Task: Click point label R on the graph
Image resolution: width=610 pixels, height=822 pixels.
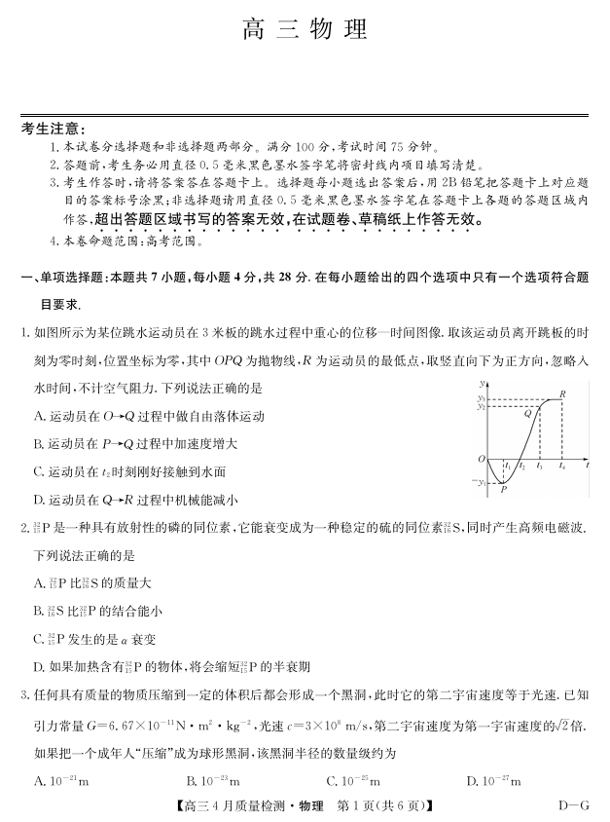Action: click(x=562, y=393)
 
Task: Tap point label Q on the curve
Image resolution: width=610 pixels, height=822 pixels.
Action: click(x=527, y=413)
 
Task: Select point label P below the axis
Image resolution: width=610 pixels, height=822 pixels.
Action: click(x=503, y=491)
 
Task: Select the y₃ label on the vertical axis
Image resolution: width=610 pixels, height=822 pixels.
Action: click(x=481, y=398)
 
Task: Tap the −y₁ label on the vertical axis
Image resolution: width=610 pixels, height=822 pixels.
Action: click(x=479, y=482)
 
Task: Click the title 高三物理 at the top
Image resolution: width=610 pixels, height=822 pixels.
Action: click(x=305, y=30)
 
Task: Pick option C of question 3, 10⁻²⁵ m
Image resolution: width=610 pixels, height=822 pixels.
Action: click(x=353, y=780)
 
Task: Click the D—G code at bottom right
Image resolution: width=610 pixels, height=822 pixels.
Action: click(x=573, y=805)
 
